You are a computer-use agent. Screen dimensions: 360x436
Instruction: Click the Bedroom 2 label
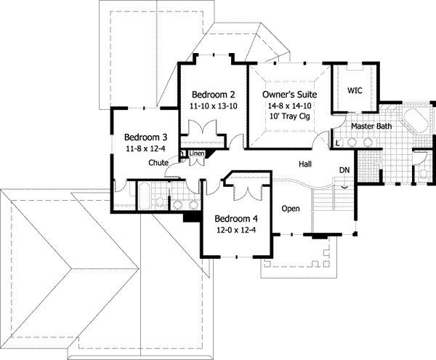pyautogui.click(x=213, y=95)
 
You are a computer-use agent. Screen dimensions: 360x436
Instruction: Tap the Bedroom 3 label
pyautogui.click(x=145, y=137)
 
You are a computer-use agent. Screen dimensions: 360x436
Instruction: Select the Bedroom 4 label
pyautogui.click(x=236, y=218)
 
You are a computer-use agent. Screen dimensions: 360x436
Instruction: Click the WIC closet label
pyautogui.click(x=355, y=91)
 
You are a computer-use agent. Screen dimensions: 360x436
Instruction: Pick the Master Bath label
pyautogui.click(x=371, y=127)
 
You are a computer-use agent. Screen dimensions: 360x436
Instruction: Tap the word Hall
pyautogui.click(x=307, y=164)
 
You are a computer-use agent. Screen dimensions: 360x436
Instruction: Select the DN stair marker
pyautogui.click(x=344, y=170)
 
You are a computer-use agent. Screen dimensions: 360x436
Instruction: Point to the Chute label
pyautogui.click(x=159, y=163)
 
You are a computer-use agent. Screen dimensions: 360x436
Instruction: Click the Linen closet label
pyautogui.click(x=197, y=153)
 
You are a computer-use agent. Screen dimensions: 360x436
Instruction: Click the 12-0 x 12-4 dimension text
pyautogui.click(x=236, y=231)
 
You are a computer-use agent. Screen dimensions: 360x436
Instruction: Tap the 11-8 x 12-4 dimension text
pyautogui.click(x=145, y=149)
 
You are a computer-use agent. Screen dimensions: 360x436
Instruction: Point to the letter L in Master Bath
pyautogui.click(x=338, y=142)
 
